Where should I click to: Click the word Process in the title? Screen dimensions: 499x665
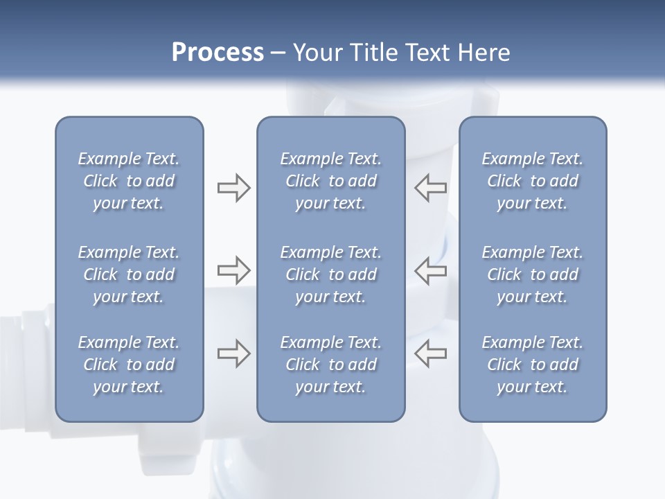click(218, 53)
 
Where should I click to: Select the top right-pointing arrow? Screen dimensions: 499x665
click(233, 188)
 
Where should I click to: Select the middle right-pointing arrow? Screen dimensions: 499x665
click(233, 270)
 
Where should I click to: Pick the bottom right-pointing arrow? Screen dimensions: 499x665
click(233, 353)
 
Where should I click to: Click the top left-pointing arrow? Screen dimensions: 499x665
click(430, 188)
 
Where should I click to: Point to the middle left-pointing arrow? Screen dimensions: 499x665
click(430, 270)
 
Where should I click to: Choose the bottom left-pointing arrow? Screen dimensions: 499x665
click(430, 353)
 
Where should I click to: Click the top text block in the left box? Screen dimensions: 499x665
click(129, 181)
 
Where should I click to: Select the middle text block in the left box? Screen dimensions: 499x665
click(129, 274)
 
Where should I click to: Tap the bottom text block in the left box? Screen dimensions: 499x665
click(129, 365)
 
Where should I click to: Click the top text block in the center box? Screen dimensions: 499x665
click(330, 181)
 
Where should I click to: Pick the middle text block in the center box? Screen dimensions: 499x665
click(330, 274)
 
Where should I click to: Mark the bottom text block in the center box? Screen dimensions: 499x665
click(330, 365)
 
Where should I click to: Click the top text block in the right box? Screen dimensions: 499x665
click(533, 181)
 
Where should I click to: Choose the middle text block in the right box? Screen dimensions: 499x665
click(533, 274)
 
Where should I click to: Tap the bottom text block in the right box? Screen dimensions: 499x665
click(533, 365)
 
